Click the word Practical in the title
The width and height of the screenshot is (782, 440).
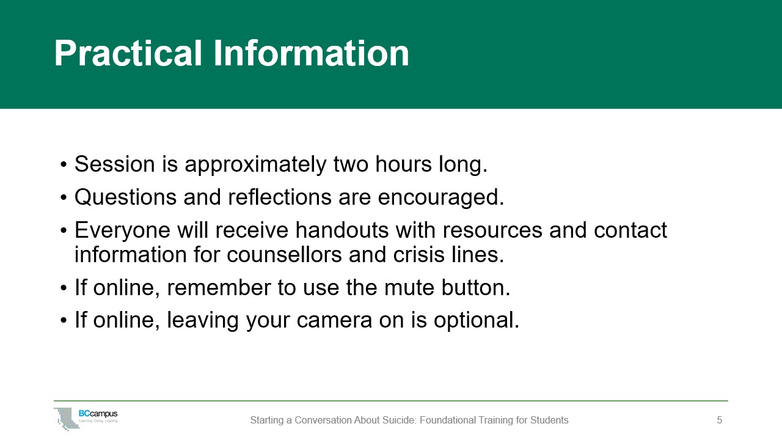(x=128, y=53)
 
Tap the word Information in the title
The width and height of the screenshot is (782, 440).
(x=311, y=53)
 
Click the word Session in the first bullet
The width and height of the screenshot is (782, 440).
(x=114, y=164)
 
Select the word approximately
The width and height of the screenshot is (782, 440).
(x=255, y=165)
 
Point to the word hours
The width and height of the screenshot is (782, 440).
(x=403, y=164)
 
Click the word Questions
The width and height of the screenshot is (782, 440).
(x=125, y=197)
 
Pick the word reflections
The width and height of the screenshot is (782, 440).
(x=279, y=197)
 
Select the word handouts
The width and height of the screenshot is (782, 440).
(x=342, y=230)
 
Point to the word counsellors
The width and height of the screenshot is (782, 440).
(x=284, y=254)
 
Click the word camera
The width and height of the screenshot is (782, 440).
(x=334, y=321)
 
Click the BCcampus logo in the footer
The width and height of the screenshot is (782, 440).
(x=86, y=419)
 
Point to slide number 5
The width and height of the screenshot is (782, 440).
(x=720, y=420)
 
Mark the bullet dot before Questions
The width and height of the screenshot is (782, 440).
(x=63, y=197)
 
